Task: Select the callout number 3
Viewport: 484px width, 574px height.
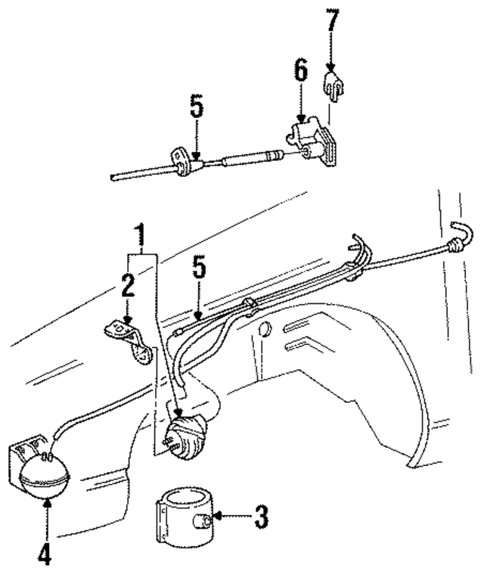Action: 259,518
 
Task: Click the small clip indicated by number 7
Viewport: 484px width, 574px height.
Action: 334,84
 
